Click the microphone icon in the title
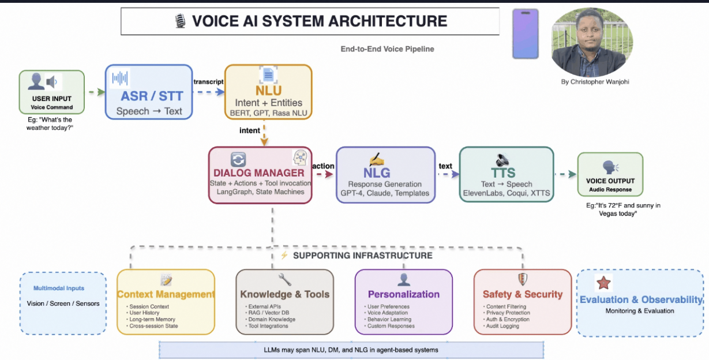click(x=180, y=21)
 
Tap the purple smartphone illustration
click(x=525, y=33)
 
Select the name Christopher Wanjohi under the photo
click(x=595, y=82)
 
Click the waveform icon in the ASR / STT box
click(x=120, y=78)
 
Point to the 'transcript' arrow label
click(x=208, y=81)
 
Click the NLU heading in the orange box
click(x=268, y=91)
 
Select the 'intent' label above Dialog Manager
click(x=250, y=130)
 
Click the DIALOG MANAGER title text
click(x=258, y=172)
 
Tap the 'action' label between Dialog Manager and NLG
click(x=323, y=166)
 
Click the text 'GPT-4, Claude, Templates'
click(x=385, y=193)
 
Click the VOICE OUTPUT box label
click(x=610, y=181)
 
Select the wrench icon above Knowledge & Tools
click(x=284, y=280)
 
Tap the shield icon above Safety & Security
click(x=522, y=280)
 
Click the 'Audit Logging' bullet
click(x=502, y=326)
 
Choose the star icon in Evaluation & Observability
click(x=603, y=283)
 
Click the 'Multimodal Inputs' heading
click(x=59, y=288)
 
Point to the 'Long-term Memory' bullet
click(x=152, y=319)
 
